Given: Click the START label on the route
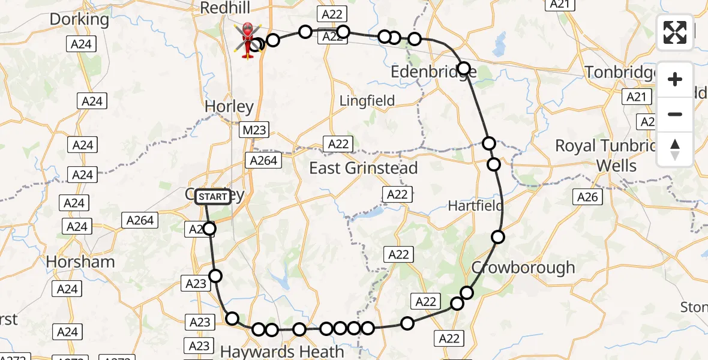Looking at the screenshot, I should (213, 197).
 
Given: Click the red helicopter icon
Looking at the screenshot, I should (248, 40).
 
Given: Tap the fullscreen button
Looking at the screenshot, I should (675, 32).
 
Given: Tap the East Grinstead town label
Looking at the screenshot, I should (363, 169).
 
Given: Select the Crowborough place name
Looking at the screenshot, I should (523, 268).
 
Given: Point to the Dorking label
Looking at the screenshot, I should (79, 19).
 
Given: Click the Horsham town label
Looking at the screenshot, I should (80, 262).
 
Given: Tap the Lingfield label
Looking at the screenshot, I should (367, 101).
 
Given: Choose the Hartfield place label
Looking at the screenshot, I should (476, 206).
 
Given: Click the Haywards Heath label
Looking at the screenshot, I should (282, 351).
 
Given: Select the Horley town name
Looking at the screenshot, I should (229, 107).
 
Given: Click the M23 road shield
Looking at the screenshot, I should (253, 130).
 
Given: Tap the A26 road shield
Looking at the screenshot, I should (587, 197).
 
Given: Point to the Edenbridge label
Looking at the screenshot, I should (434, 73).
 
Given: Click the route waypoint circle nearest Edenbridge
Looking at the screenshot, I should (463, 68).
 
